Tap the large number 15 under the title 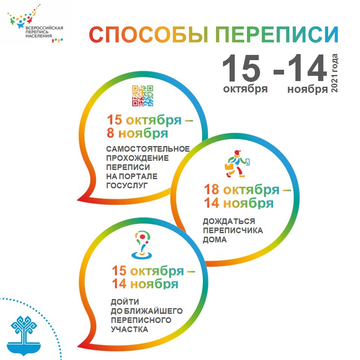click(241, 68)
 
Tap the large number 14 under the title click(308, 68)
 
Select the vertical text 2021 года click(334, 73)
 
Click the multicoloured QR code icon click(143, 96)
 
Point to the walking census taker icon click(237, 164)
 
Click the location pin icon click(142, 245)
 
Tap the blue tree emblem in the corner click(24, 336)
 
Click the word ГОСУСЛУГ click(127, 186)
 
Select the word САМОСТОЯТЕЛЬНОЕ click(148, 149)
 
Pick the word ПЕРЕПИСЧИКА click(233, 230)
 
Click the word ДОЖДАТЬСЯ click(229, 221)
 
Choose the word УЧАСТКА click(130, 329)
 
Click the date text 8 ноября click(137, 133)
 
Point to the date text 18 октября click(242, 190)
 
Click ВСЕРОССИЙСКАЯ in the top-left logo click(44, 28)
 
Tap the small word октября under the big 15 click(245, 88)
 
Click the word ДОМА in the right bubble click(215, 240)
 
